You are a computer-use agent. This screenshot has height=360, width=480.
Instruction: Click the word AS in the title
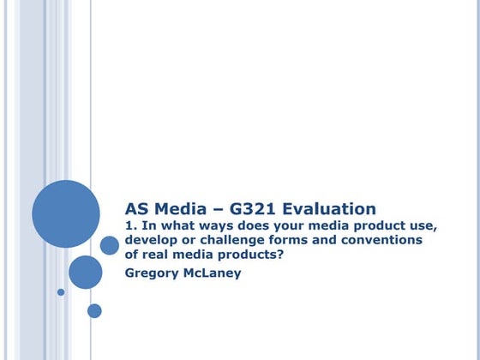[139, 208]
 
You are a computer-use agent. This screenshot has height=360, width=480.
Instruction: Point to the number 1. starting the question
[131, 226]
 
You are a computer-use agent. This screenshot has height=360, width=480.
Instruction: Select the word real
[159, 254]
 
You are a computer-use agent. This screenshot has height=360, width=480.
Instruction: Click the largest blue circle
[66, 213]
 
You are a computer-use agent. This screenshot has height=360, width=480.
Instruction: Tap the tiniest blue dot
[61, 292]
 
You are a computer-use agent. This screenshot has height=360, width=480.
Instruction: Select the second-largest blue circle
[86, 272]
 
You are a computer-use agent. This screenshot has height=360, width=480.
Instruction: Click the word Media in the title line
[180, 208]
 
